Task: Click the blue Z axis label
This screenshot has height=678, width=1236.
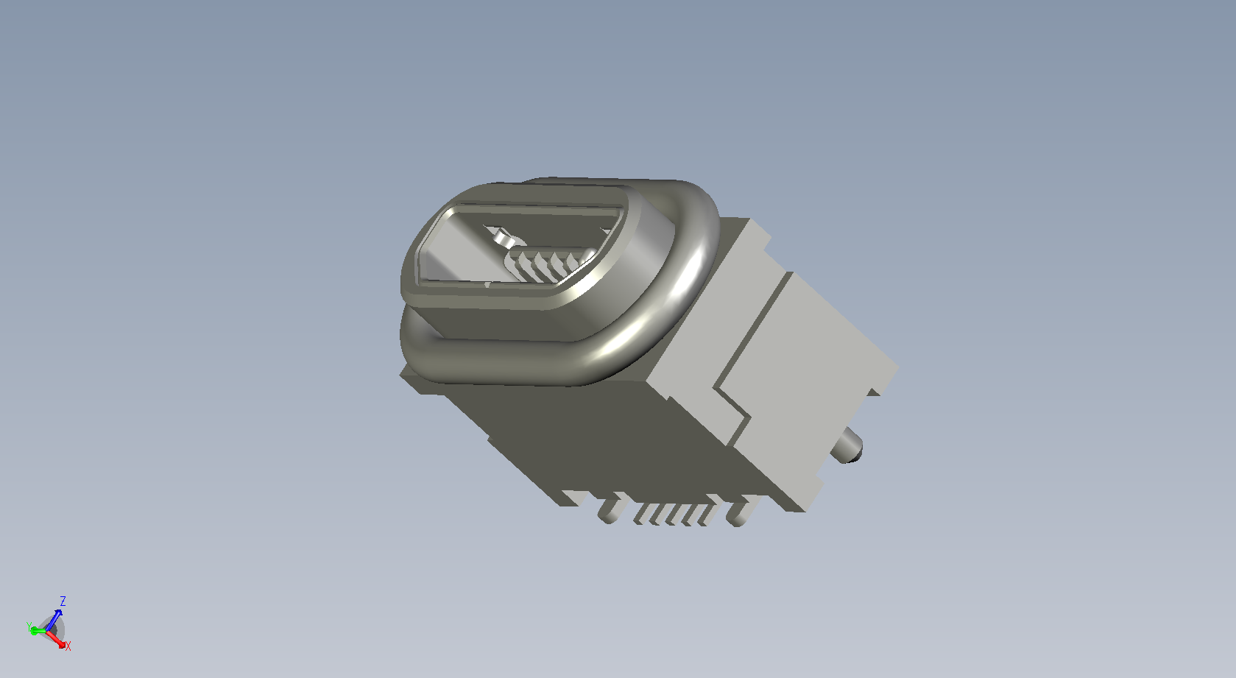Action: click(x=63, y=601)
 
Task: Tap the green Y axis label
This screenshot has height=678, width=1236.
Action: click(x=29, y=626)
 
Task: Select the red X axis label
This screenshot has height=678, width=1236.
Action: click(x=68, y=646)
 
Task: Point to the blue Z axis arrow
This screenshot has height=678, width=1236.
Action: click(x=54, y=621)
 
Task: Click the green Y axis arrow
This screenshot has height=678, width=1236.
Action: click(x=38, y=630)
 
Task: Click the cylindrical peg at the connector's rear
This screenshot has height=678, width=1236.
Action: click(x=847, y=446)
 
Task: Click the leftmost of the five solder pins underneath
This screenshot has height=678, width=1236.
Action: click(x=642, y=514)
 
